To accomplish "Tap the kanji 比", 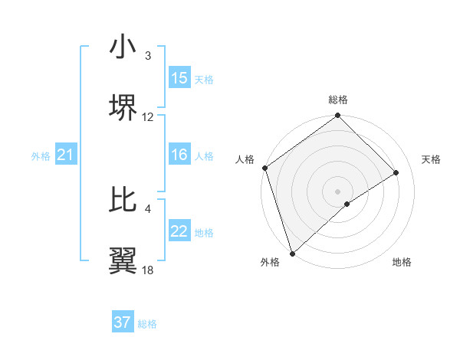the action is coord(123,198).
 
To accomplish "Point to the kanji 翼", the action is coord(123,259).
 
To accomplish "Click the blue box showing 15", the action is coord(179,78).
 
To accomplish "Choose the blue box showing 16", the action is coord(179,155).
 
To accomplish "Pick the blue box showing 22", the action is coord(179,231).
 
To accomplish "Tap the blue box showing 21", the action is coord(66,155).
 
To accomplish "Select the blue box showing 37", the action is coord(123,322).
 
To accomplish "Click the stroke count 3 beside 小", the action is coord(148,56).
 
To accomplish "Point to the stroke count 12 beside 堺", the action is coord(148,117).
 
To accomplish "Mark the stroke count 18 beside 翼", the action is coord(148,270).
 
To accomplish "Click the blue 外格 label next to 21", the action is coord(41,156).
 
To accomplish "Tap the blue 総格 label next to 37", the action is coord(147,324).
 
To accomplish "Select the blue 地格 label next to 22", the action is coord(204,233).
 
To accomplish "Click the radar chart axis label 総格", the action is coord(338,100).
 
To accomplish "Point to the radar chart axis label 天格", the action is coord(431,159).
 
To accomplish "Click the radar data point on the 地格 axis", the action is coord(347,204).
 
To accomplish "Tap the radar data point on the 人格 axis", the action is coord(264,168).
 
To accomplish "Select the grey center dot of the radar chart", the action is coord(337,191).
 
